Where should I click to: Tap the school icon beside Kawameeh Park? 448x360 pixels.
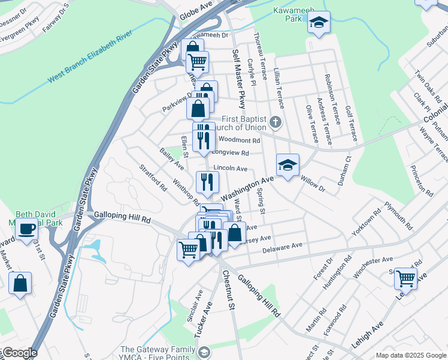pos(319,23)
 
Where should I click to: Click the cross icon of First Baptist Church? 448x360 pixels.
pos(275,122)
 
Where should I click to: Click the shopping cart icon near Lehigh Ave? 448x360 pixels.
pos(405,278)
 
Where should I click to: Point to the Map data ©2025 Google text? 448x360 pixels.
pos(410,355)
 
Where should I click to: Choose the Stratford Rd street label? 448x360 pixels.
pos(153,178)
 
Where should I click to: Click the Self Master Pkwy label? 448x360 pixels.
pos(238,78)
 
